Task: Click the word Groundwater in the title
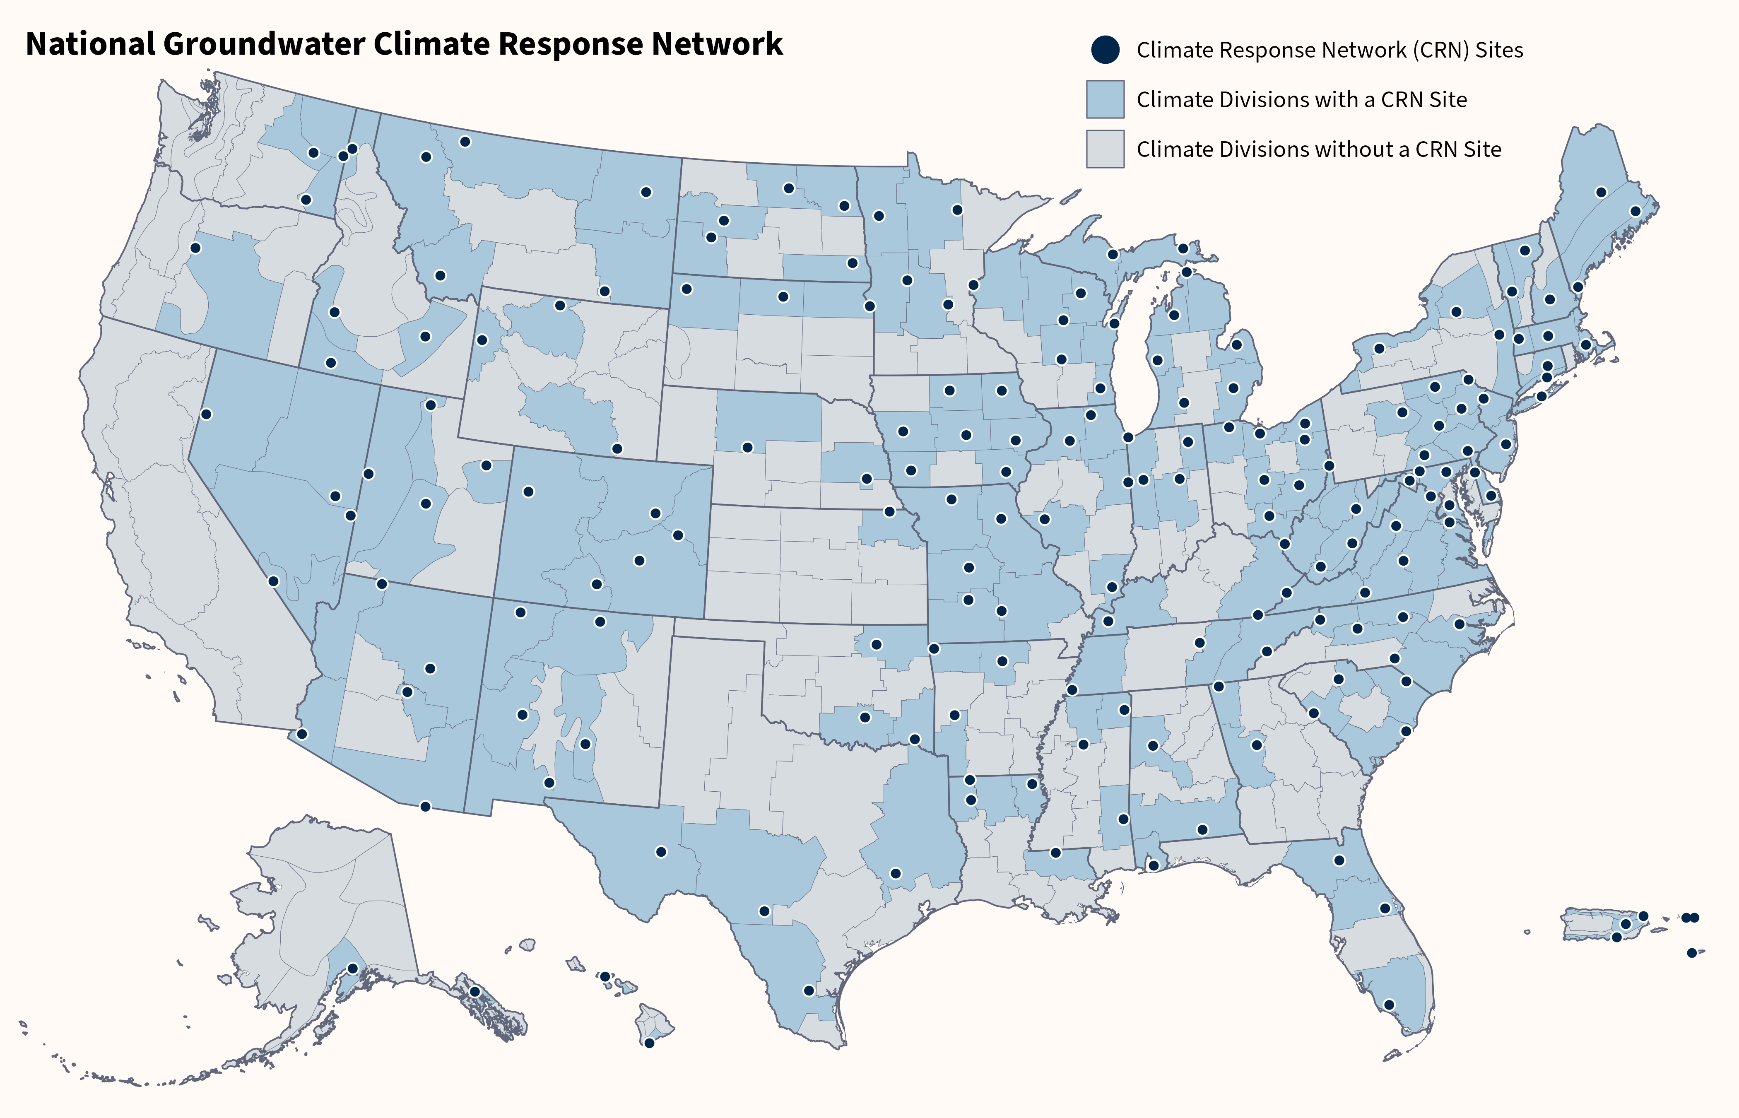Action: (x=266, y=45)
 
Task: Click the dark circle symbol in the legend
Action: (x=1105, y=49)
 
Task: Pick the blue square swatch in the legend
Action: (x=1105, y=99)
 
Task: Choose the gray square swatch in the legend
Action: (x=1105, y=149)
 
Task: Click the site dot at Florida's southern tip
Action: (x=1388, y=1005)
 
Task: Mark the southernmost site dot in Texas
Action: (x=809, y=990)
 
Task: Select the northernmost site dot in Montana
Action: (x=465, y=142)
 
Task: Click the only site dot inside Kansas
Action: (x=889, y=512)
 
